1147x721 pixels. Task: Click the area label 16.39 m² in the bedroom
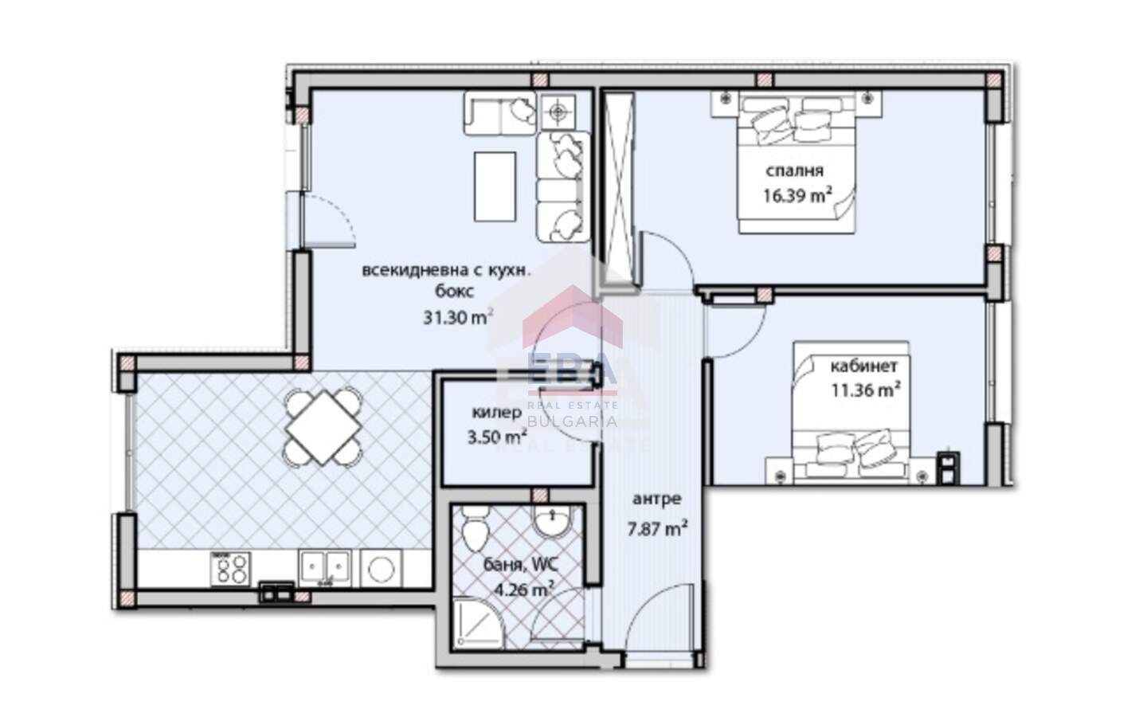pos(797,195)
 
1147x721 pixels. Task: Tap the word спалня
pos(795,171)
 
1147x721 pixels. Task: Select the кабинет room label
pos(863,366)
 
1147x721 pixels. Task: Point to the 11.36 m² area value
pos(865,390)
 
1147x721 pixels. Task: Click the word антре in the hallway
pos(657,499)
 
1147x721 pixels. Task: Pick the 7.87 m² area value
pos(657,528)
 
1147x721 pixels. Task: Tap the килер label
pos(497,412)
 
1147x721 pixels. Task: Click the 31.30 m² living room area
pos(458,317)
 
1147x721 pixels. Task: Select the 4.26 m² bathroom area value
pos(523,590)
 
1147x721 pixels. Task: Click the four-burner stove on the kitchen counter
pos(231,569)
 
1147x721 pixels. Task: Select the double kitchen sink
pos(325,567)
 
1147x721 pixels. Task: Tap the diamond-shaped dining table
pos(323,428)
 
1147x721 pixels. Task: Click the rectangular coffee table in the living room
pos(495,187)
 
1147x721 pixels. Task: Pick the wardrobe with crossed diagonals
pos(619,188)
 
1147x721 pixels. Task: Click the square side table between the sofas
pos(558,111)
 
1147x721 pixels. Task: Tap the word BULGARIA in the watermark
pos(572,421)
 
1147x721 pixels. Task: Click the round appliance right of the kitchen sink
pos(381,568)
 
